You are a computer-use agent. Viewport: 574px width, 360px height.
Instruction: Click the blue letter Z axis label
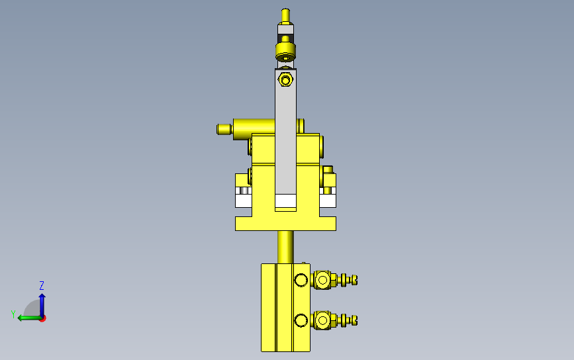(x=42, y=285)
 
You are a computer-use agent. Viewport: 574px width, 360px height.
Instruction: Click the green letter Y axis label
(x=13, y=314)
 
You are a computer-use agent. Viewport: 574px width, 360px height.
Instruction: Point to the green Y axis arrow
(x=29, y=318)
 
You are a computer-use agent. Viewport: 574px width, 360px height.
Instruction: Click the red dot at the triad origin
(x=43, y=319)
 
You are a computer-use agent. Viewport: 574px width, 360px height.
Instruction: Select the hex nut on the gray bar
(x=285, y=79)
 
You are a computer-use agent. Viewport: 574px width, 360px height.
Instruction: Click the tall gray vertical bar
(x=285, y=131)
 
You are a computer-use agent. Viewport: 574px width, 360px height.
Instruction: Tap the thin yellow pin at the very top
(x=285, y=15)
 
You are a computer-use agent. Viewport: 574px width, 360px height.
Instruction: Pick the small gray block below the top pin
(x=285, y=29)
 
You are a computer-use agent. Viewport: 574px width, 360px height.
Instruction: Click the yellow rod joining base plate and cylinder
(x=285, y=247)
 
